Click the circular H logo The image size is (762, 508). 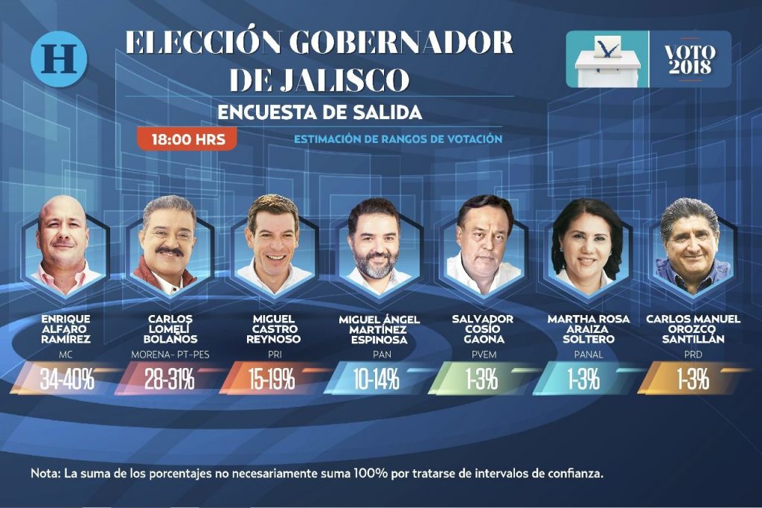tap(60, 59)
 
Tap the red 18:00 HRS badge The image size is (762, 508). tap(187, 139)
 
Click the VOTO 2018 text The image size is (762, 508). tap(690, 60)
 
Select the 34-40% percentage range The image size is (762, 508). tap(67, 379)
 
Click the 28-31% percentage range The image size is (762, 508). tap(170, 379)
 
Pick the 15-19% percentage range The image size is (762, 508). tap(272, 379)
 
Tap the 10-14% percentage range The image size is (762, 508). tap(376, 379)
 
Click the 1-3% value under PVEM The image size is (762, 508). tap(482, 379)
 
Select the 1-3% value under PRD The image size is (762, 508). tap(693, 379)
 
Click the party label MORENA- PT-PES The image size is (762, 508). tap(170, 355)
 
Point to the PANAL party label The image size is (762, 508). tap(588, 355)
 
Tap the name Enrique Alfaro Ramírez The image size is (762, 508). tap(65, 329)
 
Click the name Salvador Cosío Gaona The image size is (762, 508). tap(482, 329)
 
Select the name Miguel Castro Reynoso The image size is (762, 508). tap(274, 329)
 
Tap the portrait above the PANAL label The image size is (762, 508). tap(587, 247)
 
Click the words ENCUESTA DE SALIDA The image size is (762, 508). tap(320, 112)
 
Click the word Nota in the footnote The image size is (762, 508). tap(45, 473)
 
